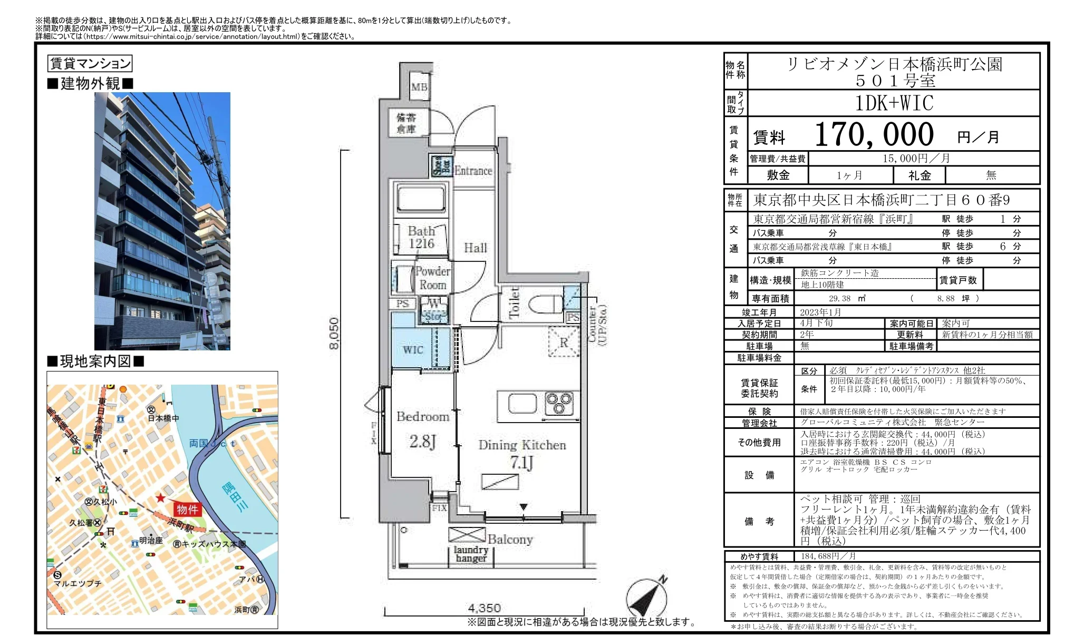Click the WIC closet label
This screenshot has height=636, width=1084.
coord(413,350)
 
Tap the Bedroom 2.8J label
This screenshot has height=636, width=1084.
coord(423,428)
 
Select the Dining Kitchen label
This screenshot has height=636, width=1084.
coord(522,445)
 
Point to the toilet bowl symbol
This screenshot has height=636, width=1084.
coord(546,305)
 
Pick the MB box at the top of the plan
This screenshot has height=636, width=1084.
coord(419,87)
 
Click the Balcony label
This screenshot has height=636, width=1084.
coord(510,539)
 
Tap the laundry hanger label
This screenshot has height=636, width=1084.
coord(471,554)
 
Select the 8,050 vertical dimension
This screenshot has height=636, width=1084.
coord(334,333)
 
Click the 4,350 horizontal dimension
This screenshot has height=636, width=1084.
coord(485,608)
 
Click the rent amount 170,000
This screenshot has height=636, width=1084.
coord(874,135)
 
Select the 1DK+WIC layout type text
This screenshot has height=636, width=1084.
coord(894,103)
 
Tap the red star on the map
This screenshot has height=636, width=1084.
coord(160,498)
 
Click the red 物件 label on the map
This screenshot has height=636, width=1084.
coord(187,509)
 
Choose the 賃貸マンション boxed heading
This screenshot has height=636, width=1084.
coord(90,64)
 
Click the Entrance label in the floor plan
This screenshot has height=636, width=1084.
coord(473,171)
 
